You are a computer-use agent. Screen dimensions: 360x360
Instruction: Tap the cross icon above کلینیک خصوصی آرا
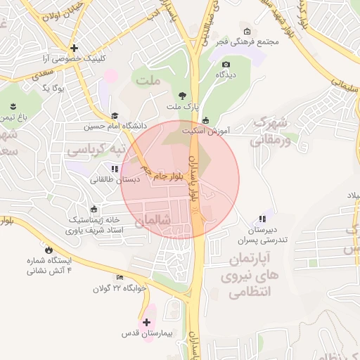(x=74, y=49)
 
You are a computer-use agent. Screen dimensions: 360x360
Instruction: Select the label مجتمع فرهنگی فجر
(x=248, y=41)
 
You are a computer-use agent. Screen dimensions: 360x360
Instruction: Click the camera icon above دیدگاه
(x=225, y=63)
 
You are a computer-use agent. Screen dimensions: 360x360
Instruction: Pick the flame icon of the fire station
(x=48, y=250)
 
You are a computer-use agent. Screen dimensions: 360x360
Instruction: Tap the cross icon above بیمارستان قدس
(x=146, y=322)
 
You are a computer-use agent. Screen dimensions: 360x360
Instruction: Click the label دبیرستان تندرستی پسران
(x=263, y=235)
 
